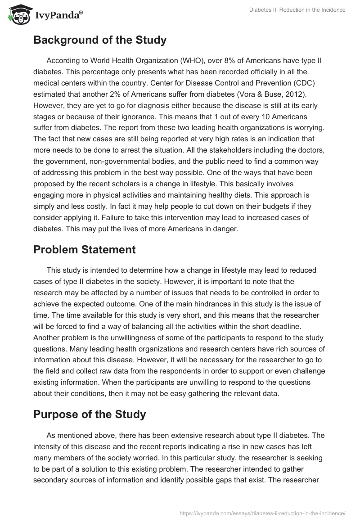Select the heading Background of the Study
(100, 40)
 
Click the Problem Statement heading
(85, 250)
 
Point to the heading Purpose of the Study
(90, 414)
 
